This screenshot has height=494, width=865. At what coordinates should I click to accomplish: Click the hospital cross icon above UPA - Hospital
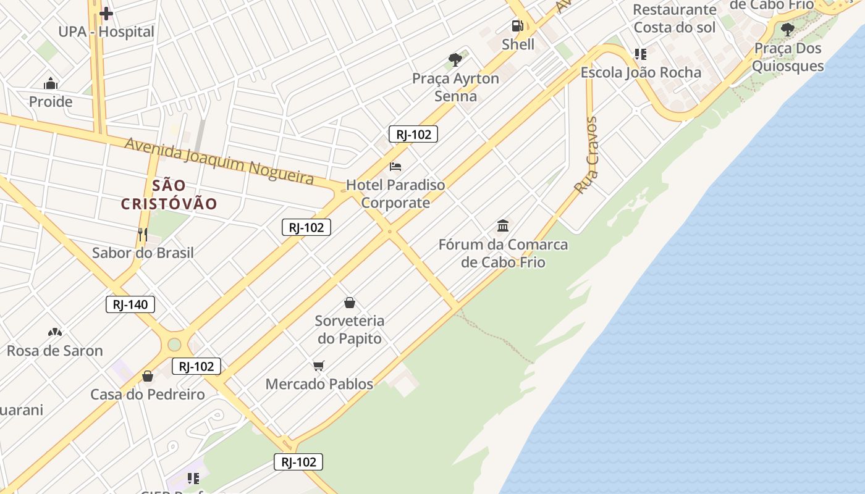pyautogui.click(x=106, y=13)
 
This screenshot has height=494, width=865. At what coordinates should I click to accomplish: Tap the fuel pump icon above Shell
pyautogui.click(x=517, y=26)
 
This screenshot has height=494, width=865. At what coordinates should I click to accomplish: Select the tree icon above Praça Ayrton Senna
pyautogui.click(x=455, y=60)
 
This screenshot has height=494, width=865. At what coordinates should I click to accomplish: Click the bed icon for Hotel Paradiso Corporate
pyautogui.click(x=395, y=167)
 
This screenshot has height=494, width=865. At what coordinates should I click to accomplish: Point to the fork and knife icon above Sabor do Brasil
pyautogui.click(x=143, y=235)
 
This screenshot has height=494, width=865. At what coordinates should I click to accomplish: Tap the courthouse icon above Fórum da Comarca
pyautogui.click(x=503, y=226)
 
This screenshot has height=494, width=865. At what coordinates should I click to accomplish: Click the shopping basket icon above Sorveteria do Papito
pyautogui.click(x=350, y=303)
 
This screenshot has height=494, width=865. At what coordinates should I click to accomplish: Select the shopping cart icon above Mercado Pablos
pyautogui.click(x=319, y=366)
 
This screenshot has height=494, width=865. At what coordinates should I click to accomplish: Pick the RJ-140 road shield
pyautogui.click(x=130, y=304)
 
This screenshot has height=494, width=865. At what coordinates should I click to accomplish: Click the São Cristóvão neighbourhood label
pyautogui.click(x=169, y=195)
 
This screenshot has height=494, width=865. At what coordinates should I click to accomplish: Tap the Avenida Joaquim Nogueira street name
pyautogui.click(x=219, y=161)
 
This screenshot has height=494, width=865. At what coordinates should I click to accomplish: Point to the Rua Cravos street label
pyautogui.click(x=586, y=155)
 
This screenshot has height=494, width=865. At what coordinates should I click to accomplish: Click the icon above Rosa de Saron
pyautogui.click(x=55, y=333)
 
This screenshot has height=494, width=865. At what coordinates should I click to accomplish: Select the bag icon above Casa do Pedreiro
pyautogui.click(x=148, y=376)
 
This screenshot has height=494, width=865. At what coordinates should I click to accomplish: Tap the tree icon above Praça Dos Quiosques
pyautogui.click(x=787, y=29)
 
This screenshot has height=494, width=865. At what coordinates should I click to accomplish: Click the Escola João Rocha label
pyautogui.click(x=641, y=72)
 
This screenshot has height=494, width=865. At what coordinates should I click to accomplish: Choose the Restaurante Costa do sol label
pyautogui.click(x=674, y=19)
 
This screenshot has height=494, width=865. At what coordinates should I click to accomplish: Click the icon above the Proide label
pyautogui.click(x=51, y=84)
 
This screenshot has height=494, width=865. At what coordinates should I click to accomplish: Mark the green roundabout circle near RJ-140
pyautogui.click(x=174, y=344)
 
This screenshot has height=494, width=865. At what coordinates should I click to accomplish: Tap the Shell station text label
pyautogui.click(x=518, y=44)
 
